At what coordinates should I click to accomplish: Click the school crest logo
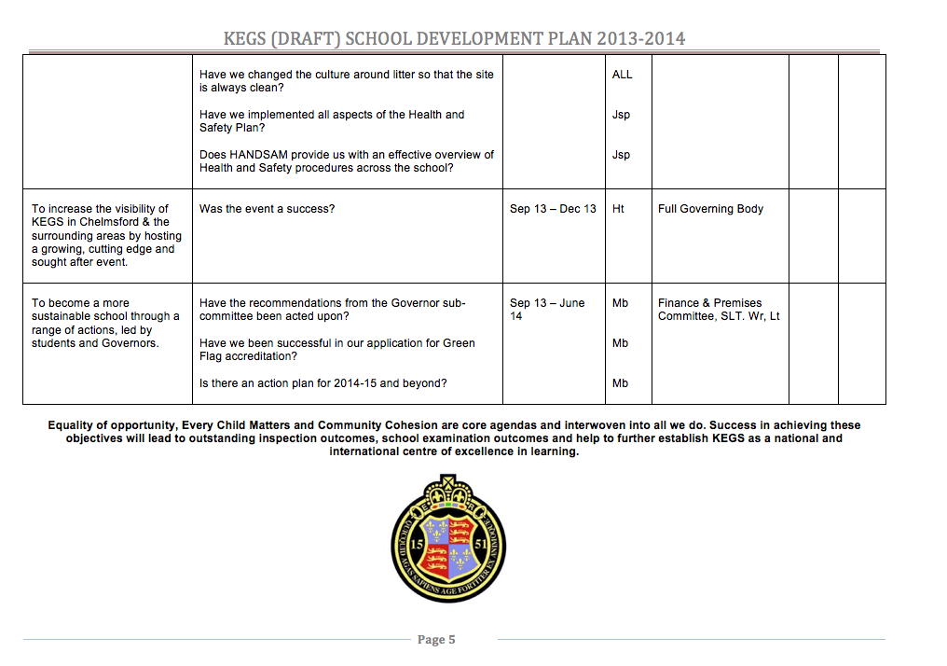pyautogui.click(x=448, y=539)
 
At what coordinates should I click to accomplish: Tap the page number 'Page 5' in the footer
pyautogui.click(x=436, y=640)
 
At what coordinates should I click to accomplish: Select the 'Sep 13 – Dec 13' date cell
pyautogui.click(x=553, y=209)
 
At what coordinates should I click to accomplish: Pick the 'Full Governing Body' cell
pyautogui.click(x=710, y=209)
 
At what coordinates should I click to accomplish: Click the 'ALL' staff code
pyautogui.click(x=622, y=75)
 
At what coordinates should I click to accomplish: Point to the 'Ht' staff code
pyautogui.click(x=618, y=209)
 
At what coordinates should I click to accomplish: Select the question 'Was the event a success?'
pyautogui.click(x=266, y=209)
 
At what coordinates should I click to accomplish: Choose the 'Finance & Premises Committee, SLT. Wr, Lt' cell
pyautogui.click(x=719, y=310)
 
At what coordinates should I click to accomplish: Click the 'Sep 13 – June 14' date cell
pyautogui.click(x=547, y=310)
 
